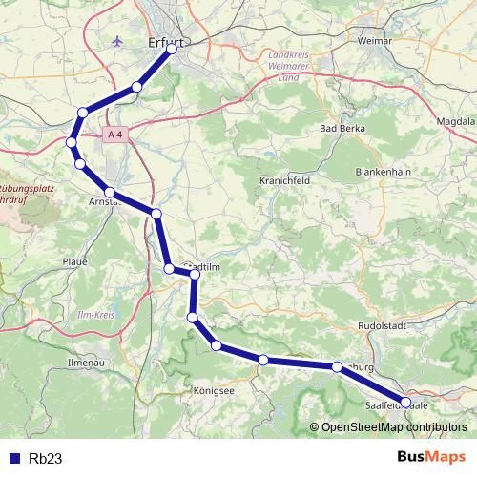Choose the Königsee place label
click(216, 390)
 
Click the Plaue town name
click(73, 260)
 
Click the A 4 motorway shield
click(115, 135)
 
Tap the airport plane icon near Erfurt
click(117, 42)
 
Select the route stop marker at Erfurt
click(173, 50)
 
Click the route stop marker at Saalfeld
click(405, 402)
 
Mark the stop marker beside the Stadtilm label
click(195, 275)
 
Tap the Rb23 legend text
click(46, 458)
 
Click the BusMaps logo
click(433, 457)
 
